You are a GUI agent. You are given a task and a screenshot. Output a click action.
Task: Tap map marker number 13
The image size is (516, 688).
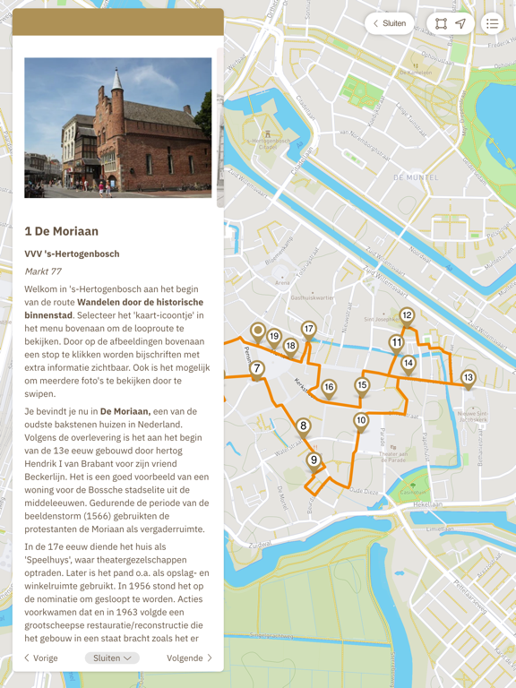(x=468, y=378)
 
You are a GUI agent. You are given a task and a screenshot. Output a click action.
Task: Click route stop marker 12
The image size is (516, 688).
(x=407, y=315)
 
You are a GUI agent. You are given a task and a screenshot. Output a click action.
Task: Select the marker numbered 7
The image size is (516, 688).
(x=257, y=368)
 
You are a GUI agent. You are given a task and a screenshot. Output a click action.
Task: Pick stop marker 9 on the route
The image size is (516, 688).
(x=314, y=460)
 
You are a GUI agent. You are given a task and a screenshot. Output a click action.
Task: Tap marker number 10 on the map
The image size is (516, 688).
(x=361, y=421)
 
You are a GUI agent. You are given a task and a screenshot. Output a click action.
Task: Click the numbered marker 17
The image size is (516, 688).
(x=309, y=330)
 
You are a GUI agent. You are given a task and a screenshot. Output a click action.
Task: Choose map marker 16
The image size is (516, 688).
(x=329, y=388)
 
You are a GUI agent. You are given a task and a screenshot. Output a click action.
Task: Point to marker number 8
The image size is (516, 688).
(x=304, y=426)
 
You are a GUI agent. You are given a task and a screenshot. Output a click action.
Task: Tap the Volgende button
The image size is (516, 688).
(x=189, y=658)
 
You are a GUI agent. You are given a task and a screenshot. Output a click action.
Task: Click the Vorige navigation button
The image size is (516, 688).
(x=41, y=658)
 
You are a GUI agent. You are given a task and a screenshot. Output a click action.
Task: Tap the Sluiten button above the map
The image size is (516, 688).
(x=389, y=23)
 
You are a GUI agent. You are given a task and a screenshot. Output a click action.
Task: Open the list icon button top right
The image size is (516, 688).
(x=492, y=24)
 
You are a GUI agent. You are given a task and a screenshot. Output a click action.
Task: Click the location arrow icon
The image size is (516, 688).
(x=460, y=24)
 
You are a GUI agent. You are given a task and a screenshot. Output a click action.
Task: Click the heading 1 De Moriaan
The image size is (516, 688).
(x=62, y=231)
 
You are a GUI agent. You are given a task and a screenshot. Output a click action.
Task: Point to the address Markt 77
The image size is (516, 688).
(x=43, y=271)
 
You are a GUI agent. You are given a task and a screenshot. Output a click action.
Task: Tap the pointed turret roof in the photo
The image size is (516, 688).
(x=116, y=81)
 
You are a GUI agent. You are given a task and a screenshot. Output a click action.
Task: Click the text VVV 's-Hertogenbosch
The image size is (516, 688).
(x=72, y=254)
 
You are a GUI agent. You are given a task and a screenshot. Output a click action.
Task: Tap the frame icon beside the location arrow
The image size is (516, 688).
(x=441, y=24)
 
